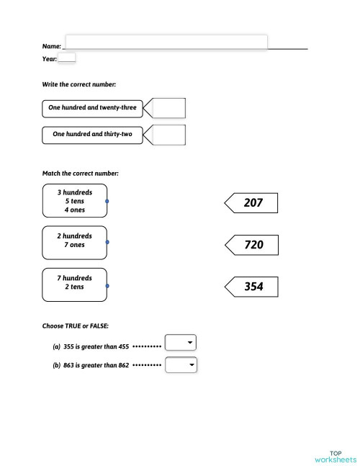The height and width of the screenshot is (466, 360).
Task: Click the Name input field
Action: click(166, 42)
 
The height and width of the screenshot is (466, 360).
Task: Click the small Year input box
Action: click(66, 58)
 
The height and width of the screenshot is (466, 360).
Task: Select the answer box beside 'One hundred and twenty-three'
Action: click(169, 108)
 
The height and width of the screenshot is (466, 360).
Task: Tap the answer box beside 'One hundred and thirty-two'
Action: click(169, 135)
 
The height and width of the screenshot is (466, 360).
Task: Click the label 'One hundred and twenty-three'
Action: click(92, 108)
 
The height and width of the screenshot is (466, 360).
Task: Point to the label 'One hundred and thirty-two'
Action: click(92, 135)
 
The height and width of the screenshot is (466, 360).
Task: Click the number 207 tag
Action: click(253, 203)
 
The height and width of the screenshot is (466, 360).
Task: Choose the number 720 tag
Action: click(253, 245)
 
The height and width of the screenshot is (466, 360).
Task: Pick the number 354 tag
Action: click(253, 287)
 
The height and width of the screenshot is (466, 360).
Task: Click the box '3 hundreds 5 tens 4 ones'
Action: click(75, 201)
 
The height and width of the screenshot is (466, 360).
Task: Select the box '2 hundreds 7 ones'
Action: click(75, 243)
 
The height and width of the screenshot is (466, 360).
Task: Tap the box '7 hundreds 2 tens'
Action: click(75, 284)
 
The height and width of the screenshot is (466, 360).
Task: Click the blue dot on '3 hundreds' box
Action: click(107, 201)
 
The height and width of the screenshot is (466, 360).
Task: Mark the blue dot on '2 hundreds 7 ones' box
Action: click(107, 243)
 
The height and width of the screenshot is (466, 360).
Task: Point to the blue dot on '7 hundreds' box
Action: click(107, 286)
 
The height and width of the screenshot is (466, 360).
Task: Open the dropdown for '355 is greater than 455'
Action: click(181, 343)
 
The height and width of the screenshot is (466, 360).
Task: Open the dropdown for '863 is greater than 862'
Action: click(181, 365)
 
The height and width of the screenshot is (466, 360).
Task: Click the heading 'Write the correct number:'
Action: click(79, 84)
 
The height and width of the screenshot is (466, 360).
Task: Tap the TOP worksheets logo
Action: click(336, 455)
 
